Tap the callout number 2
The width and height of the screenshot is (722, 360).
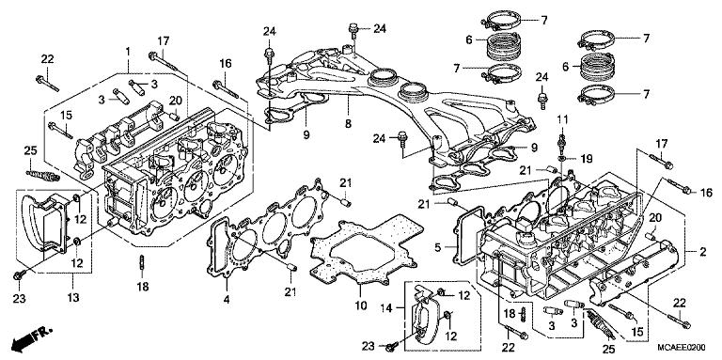(x=700, y=253)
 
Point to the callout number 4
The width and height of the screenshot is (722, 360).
(x=226, y=301)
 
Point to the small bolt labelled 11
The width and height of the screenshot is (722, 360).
(x=561, y=142)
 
